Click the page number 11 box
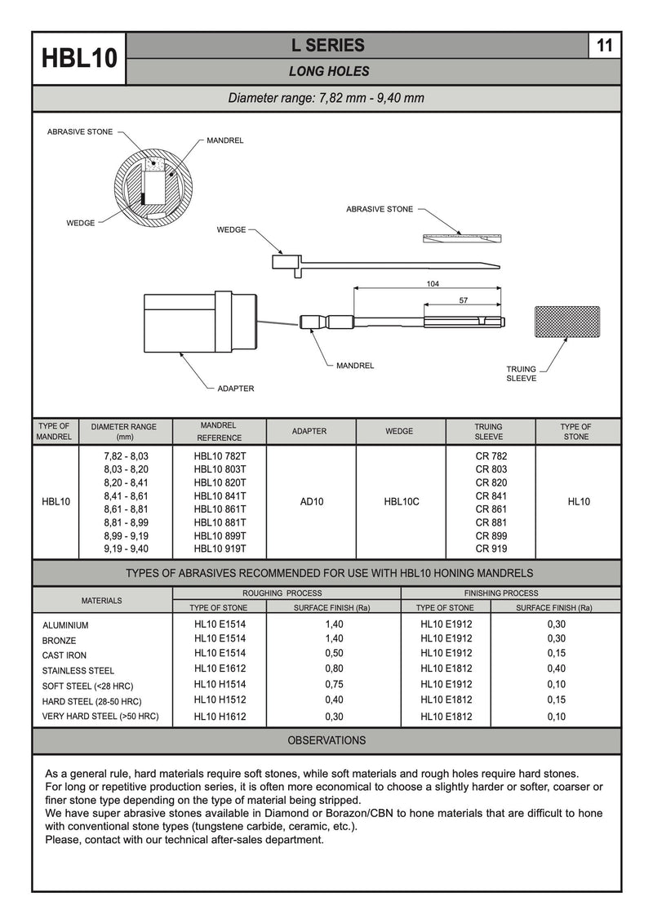[604, 47]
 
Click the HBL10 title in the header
[79, 59]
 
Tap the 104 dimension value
[432, 283]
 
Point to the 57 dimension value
[464, 301]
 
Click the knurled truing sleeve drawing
[566, 322]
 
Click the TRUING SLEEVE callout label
[521, 374]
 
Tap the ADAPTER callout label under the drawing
[235, 389]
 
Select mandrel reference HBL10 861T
[220, 509]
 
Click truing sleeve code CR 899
[491, 536]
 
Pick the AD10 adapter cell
[312, 502]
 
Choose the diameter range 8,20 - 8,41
[127, 483]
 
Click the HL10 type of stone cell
[578, 502]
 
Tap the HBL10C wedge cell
[401, 502]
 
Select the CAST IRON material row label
[64, 655]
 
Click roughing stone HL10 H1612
[220, 717]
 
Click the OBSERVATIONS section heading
[326, 741]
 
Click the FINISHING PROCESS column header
[500, 593]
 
